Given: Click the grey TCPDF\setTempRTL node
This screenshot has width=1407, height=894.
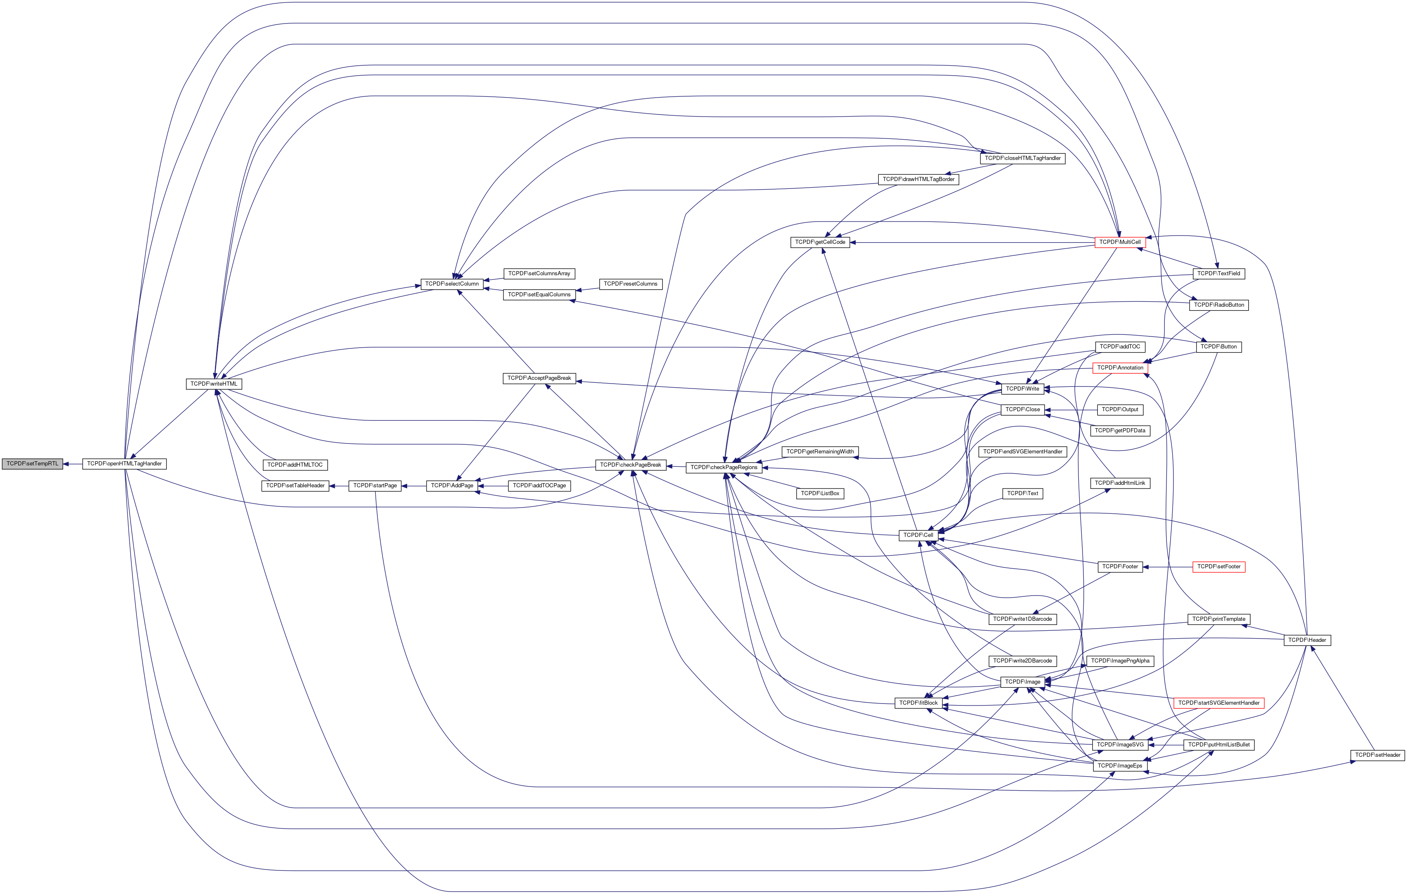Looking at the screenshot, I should tap(32, 464).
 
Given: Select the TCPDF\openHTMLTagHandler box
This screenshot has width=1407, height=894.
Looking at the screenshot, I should tap(124, 464).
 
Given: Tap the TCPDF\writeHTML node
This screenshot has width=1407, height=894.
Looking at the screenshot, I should tap(214, 384).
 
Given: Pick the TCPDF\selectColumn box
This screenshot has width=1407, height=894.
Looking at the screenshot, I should tap(452, 284).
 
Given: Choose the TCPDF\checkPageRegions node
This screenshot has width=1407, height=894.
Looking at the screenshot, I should tap(724, 467).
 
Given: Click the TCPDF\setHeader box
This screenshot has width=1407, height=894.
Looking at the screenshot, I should tap(1378, 755).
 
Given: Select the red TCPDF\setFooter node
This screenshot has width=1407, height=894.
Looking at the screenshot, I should tap(1219, 567).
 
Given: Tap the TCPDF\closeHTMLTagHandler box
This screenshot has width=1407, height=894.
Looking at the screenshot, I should tap(1023, 158).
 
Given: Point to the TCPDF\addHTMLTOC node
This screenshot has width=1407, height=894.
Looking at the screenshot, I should tap(295, 465).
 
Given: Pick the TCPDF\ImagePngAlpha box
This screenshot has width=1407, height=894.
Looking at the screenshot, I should tap(1120, 661).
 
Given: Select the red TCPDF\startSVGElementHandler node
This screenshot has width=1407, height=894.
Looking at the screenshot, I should tap(1219, 703).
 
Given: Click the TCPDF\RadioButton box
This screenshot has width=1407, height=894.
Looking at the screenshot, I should tap(1219, 305).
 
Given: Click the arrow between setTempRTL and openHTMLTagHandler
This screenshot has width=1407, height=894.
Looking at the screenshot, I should tap(72, 464).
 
